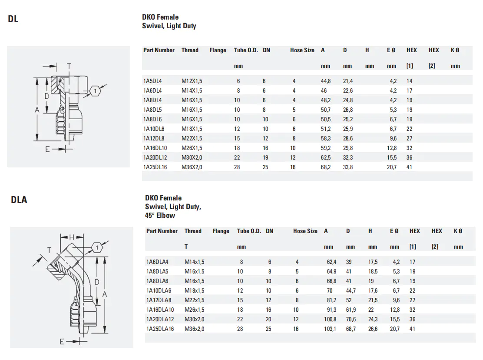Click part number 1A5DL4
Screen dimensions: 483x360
click(x=152, y=81)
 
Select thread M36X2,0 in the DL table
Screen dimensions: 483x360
click(x=192, y=167)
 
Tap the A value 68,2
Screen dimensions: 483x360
click(x=326, y=167)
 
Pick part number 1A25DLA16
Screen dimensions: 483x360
click(x=160, y=329)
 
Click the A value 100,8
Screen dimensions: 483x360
click(x=330, y=319)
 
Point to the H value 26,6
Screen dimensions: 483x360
click(x=373, y=329)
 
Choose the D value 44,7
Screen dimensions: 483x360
click(x=351, y=290)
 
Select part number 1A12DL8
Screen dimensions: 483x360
click(x=153, y=138)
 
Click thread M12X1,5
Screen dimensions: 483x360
click(x=192, y=81)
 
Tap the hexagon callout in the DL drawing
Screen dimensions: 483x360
click(x=95, y=91)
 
